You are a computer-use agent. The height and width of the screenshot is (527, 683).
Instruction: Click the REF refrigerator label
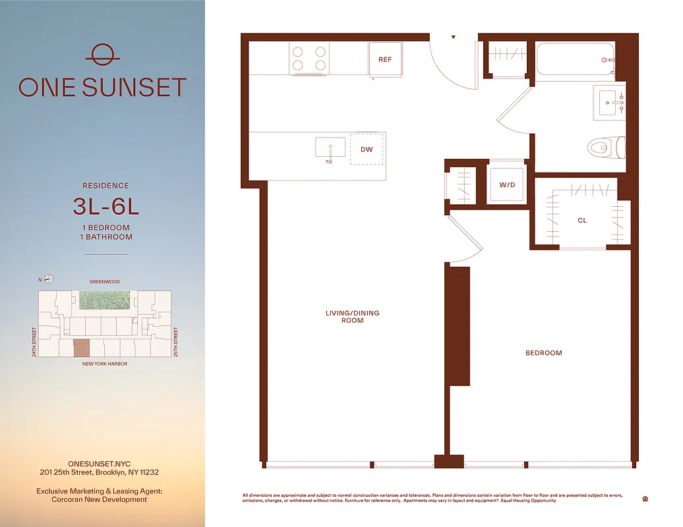tap(385, 60)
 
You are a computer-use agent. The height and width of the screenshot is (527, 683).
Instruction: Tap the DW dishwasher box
tap(367, 150)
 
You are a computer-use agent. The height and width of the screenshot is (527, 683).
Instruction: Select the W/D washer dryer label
tap(507, 185)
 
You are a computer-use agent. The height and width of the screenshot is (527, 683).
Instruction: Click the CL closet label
tap(582, 221)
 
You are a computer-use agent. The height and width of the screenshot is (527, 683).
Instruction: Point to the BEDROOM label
tap(544, 353)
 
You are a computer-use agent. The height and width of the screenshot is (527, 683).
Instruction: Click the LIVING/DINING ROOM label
tap(353, 317)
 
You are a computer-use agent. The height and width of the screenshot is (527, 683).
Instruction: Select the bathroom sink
tap(609, 102)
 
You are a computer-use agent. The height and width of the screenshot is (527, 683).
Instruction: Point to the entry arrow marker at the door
tap(453, 38)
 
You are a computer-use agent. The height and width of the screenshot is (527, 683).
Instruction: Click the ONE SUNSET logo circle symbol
tap(102, 55)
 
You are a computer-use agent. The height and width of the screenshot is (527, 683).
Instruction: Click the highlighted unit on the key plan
tap(80, 348)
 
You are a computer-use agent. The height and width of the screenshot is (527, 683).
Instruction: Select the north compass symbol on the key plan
tap(48, 279)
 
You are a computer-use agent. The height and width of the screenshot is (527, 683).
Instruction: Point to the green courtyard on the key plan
tap(105, 300)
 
